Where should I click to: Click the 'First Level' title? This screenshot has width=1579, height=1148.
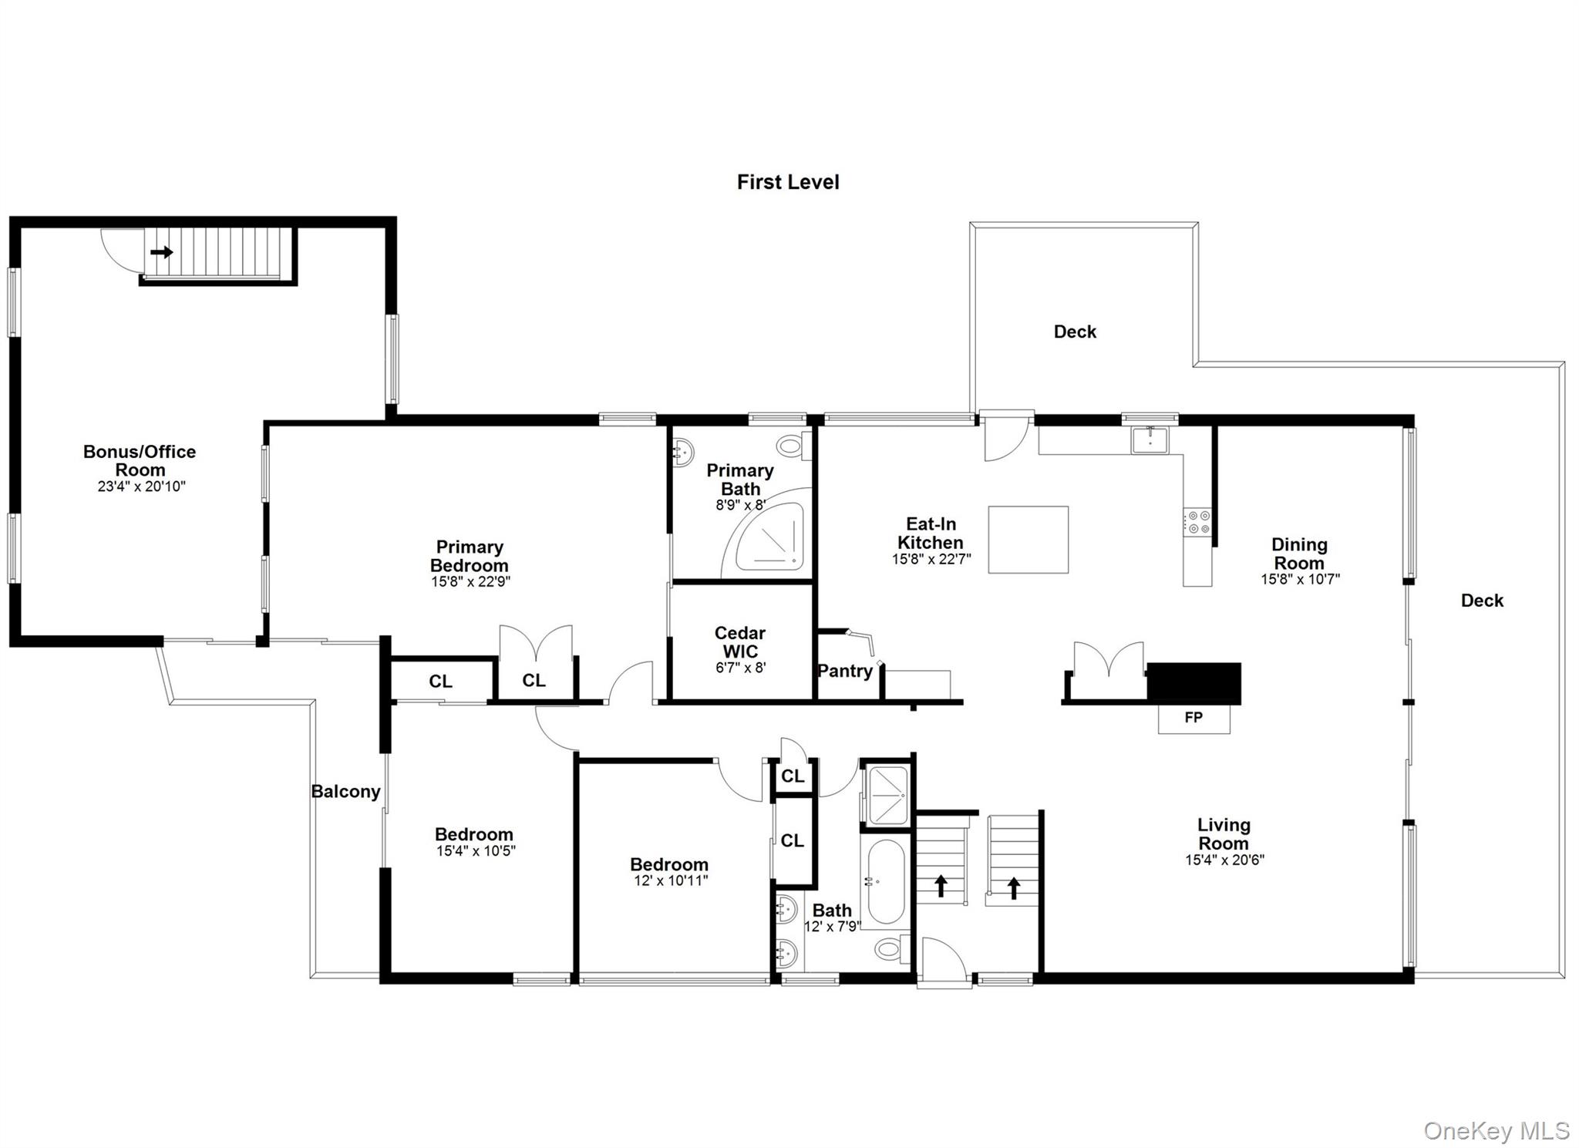click(x=787, y=182)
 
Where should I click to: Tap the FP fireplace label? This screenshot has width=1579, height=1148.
click(x=1193, y=718)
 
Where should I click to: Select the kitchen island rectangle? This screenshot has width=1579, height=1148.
click(x=1028, y=539)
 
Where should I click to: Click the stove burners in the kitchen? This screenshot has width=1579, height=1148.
click(x=1197, y=522)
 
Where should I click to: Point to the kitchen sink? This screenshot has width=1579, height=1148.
click(x=1150, y=440)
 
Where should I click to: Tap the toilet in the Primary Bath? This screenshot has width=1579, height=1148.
click(x=792, y=445)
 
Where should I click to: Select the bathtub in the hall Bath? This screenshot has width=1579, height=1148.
click(x=885, y=880)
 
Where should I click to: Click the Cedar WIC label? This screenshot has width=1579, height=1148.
click(x=740, y=642)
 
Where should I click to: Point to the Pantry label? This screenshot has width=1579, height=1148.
click(x=844, y=671)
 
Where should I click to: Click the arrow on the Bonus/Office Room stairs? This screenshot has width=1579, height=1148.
click(x=161, y=252)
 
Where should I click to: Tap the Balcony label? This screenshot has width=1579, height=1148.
click(x=345, y=792)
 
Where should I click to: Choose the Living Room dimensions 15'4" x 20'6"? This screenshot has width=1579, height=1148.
click(x=1224, y=860)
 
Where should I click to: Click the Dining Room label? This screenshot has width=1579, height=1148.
click(x=1299, y=554)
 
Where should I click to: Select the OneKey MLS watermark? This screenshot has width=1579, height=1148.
click(x=1496, y=1130)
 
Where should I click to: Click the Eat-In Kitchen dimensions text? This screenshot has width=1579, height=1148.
click(x=931, y=560)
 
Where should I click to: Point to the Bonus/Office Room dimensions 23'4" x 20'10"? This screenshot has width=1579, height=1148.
click(x=141, y=487)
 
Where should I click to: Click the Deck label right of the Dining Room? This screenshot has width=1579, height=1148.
click(x=1481, y=601)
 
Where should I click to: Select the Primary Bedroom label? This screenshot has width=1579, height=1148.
click(x=470, y=556)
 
